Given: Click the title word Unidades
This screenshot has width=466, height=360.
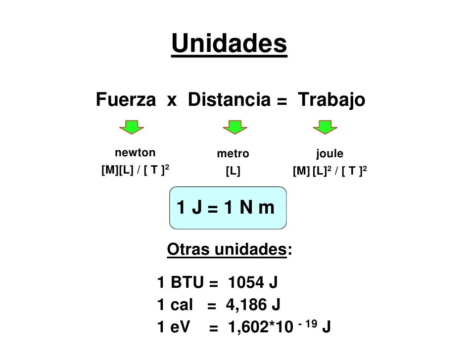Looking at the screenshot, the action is click(229, 44).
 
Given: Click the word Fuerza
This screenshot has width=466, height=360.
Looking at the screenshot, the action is click(125, 100).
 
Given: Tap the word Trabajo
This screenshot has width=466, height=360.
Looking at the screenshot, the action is click(331, 100).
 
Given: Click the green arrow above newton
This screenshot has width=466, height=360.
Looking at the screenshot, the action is click(131, 127).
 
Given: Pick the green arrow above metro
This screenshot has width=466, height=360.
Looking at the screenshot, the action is click(234, 127).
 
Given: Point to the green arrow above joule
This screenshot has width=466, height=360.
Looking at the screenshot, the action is click(325, 127).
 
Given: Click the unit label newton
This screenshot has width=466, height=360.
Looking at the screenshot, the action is click(135, 152).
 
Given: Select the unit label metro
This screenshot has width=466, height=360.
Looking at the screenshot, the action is click(233, 154).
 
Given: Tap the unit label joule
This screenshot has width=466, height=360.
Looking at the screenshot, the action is click(329, 154).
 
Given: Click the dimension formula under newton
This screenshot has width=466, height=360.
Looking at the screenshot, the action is click(136, 171).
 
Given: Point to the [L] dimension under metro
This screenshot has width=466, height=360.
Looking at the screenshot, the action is click(233, 172).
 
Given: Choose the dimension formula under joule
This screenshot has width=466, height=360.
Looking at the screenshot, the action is click(329, 172).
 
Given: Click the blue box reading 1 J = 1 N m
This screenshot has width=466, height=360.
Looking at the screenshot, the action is click(228, 208).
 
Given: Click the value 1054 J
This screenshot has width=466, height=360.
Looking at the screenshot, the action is click(253, 283).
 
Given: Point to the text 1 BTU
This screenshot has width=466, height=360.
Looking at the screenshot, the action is click(180, 283).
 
